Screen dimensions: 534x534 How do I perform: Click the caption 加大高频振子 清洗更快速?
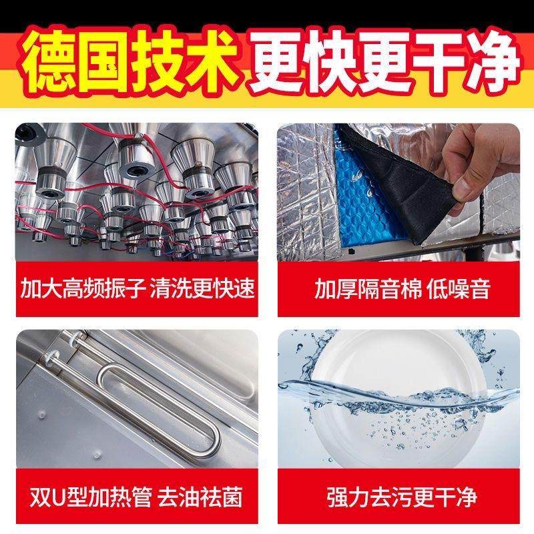pyautogui.click(x=138, y=289)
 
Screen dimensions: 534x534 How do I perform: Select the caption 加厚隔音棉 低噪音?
pyautogui.click(x=403, y=289)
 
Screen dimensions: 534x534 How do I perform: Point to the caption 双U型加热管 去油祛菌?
pyautogui.click(x=137, y=497)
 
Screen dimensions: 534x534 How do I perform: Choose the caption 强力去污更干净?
pyautogui.click(x=403, y=497)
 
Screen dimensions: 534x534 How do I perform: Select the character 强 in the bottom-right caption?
pyautogui.click(x=338, y=497)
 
